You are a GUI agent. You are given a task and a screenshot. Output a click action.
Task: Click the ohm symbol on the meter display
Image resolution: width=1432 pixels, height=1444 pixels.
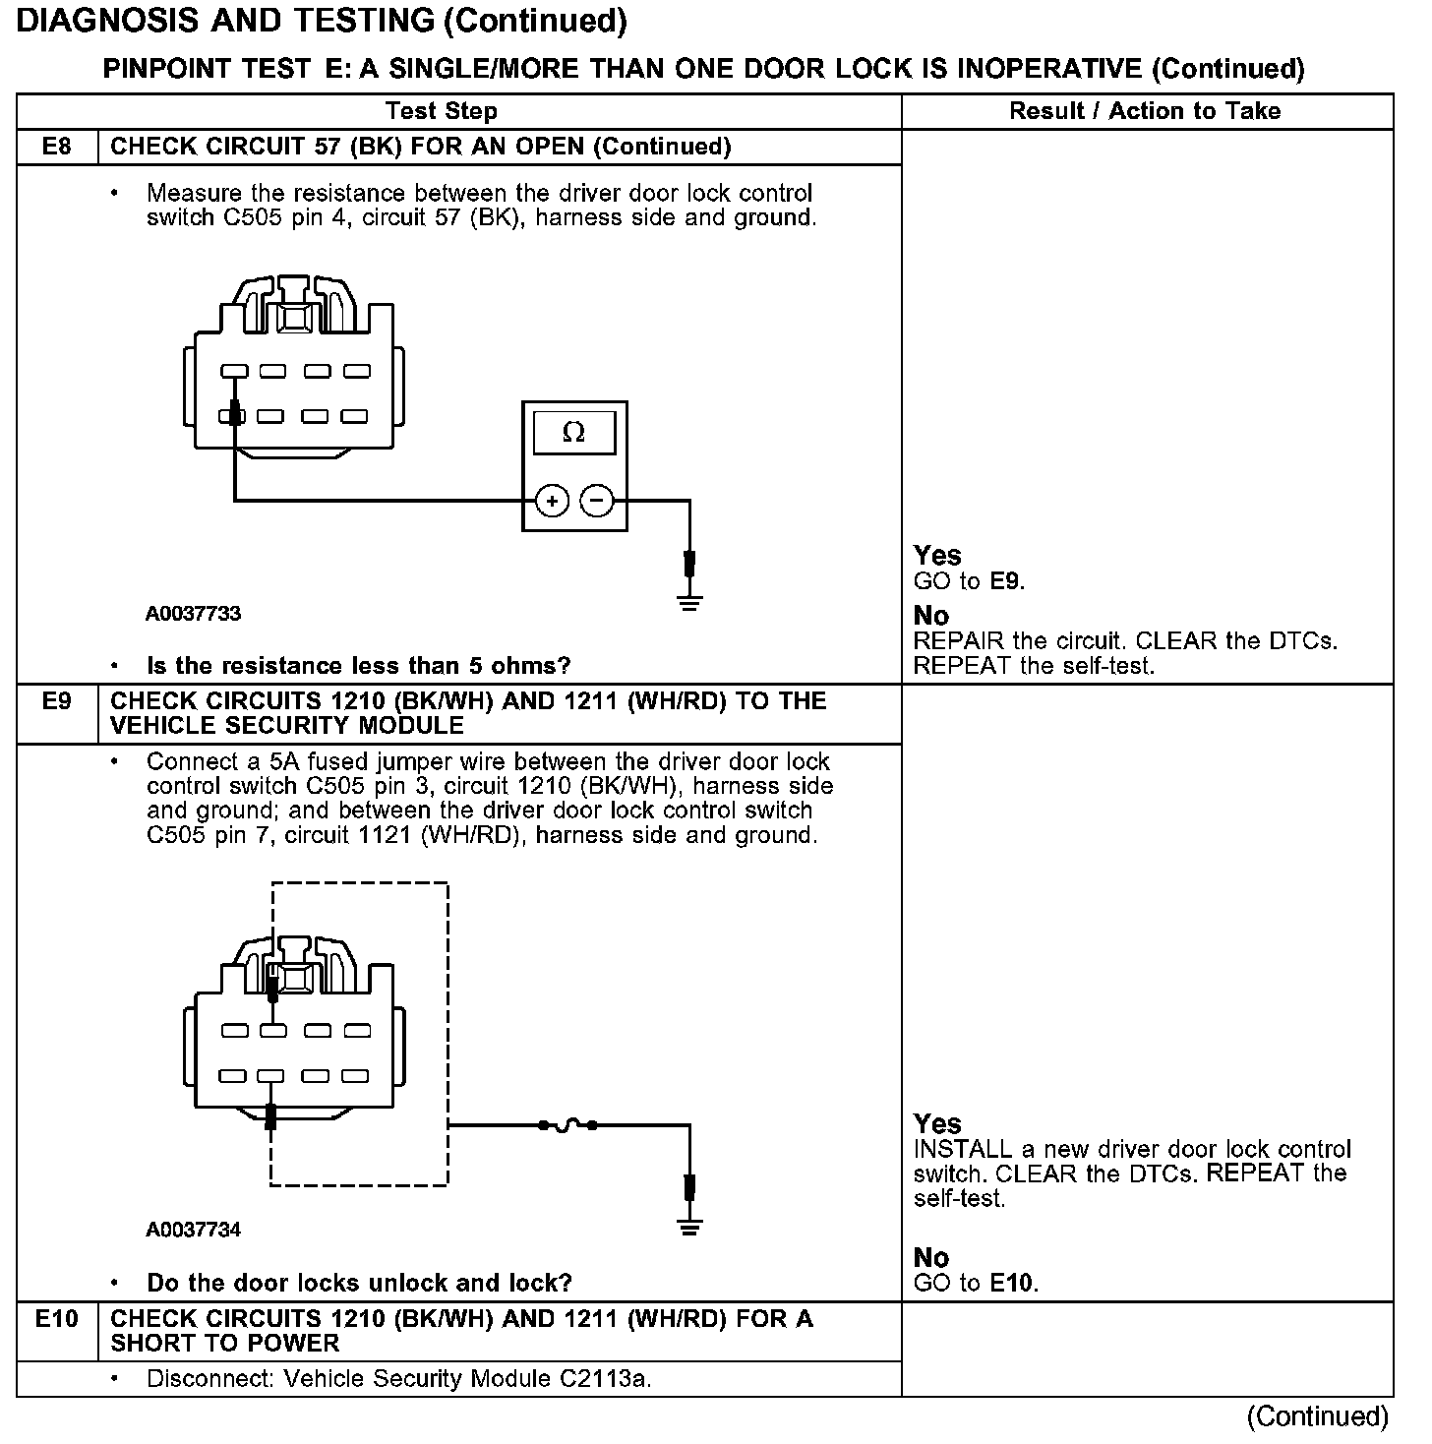point(573,433)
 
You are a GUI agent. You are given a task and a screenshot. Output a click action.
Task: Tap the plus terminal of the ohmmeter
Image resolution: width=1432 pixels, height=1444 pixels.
point(552,501)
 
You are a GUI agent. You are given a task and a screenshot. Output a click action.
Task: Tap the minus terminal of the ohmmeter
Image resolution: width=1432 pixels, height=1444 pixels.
point(596,501)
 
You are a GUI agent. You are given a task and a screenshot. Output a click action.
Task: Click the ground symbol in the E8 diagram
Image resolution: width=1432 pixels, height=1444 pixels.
point(690,602)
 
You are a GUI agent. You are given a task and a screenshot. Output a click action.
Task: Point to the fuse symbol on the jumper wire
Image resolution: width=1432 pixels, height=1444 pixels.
point(567,1124)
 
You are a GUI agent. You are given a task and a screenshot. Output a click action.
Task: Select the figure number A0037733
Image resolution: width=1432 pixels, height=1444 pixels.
point(194,614)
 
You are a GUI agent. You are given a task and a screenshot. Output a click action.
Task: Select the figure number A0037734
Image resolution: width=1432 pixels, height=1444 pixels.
point(194,1231)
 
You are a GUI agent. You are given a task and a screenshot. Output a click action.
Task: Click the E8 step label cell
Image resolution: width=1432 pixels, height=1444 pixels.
point(57,148)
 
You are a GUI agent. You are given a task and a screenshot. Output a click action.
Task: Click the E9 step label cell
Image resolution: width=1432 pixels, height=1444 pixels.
point(57,702)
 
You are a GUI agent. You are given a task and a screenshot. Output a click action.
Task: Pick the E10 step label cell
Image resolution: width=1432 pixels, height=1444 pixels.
point(57,1319)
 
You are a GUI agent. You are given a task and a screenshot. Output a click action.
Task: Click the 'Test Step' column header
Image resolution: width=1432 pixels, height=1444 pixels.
point(442,111)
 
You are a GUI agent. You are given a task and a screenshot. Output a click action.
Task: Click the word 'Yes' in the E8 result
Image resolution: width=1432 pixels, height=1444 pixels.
point(937,556)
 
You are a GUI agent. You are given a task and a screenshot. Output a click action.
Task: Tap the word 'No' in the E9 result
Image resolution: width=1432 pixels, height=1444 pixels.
point(931,1258)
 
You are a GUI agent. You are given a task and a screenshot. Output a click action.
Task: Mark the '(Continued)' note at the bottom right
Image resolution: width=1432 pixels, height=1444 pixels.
point(1317,1416)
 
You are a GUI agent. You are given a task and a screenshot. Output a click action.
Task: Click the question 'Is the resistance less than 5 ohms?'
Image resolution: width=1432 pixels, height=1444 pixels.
point(358,666)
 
